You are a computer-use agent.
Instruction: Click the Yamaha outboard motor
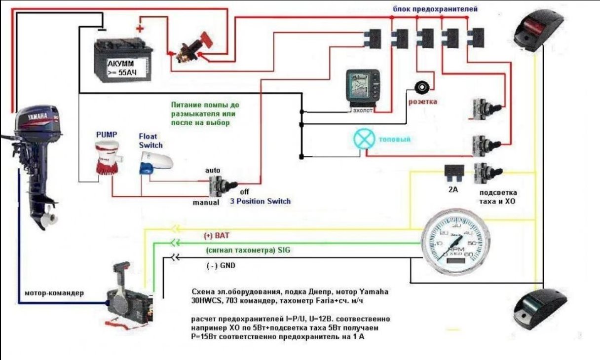pyautogui.click(x=37, y=158)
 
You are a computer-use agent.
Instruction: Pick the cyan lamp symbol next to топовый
pyautogui.click(x=364, y=140)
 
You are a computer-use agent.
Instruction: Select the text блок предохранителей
pyautogui.click(x=435, y=9)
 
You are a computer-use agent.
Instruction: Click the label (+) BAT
pyautogui.click(x=217, y=236)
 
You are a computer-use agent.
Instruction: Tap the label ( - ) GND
pyautogui.click(x=221, y=266)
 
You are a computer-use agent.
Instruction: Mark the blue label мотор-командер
pyautogui.click(x=54, y=293)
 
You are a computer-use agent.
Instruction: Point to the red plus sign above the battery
pyautogui.click(x=140, y=29)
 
